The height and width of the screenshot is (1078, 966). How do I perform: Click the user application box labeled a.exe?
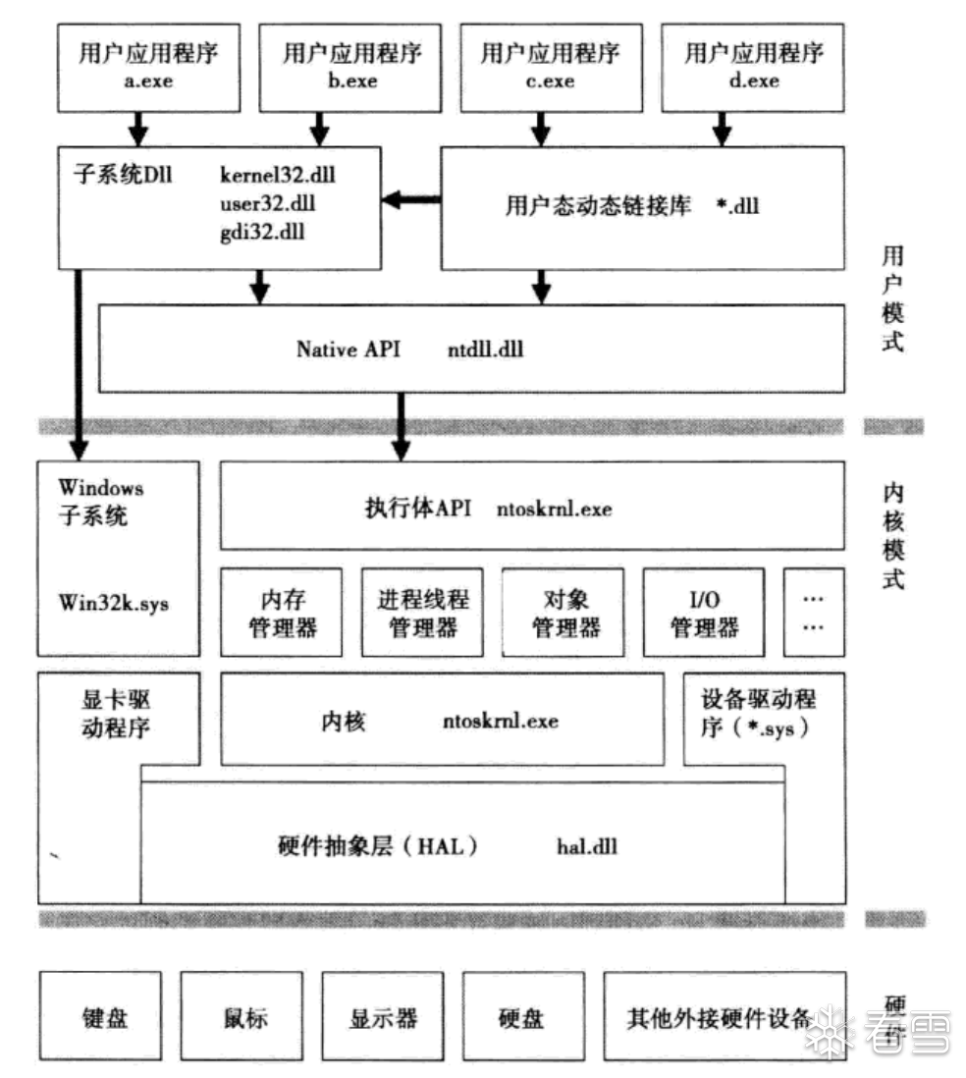[x=149, y=67]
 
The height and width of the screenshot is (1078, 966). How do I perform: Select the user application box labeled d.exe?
[x=754, y=67]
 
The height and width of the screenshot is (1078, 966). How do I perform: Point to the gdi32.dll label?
[x=263, y=234]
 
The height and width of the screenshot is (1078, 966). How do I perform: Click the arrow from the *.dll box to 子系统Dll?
[x=410, y=200]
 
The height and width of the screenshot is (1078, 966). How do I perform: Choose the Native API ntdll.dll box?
[x=471, y=349]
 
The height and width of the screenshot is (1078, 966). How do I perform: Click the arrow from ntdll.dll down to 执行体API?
[x=400, y=427]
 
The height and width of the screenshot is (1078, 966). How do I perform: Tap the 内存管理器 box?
[x=282, y=612]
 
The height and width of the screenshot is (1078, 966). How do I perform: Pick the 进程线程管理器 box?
[x=423, y=612]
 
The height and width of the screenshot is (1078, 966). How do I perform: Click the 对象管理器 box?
[x=563, y=612]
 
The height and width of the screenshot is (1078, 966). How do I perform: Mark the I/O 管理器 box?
[x=705, y=612]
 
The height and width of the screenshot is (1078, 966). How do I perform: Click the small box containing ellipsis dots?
[x=814, y=612]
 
